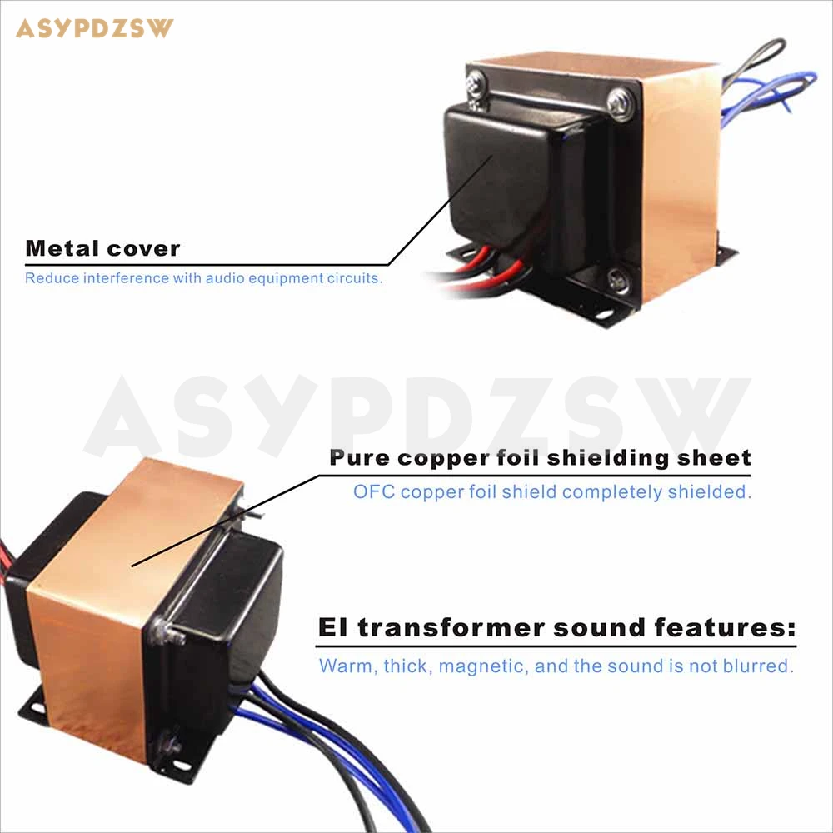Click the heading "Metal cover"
pos(102,248)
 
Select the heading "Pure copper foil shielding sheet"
pos(540,457)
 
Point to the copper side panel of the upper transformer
pos(679,183)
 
